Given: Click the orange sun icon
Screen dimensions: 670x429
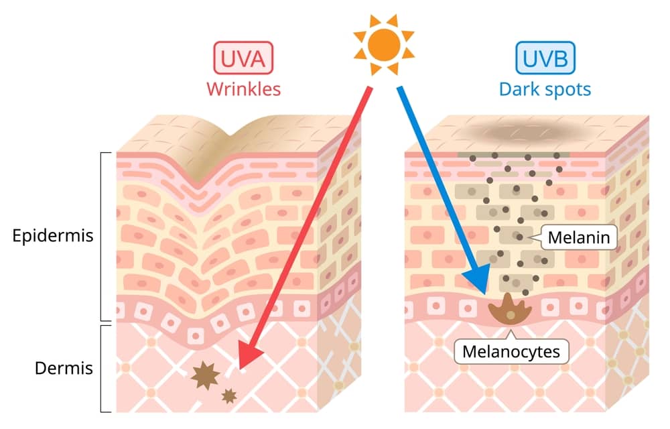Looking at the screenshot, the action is point(384,44).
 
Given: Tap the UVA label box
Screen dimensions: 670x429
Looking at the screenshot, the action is point(243,58).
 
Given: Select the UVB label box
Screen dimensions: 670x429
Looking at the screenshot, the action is point(545,58).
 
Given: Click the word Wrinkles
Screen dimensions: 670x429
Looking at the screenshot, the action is point(244,89).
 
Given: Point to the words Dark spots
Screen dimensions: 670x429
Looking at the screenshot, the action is point(545,90).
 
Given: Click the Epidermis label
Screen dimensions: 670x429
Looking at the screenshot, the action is point(52,235).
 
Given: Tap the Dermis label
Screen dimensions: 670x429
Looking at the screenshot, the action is point(64,368).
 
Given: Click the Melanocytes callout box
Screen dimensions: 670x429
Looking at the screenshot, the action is point(511,351).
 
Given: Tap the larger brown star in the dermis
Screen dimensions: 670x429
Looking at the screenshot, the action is point(205,375).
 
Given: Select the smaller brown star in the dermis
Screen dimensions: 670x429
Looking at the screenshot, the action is point(229,396).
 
